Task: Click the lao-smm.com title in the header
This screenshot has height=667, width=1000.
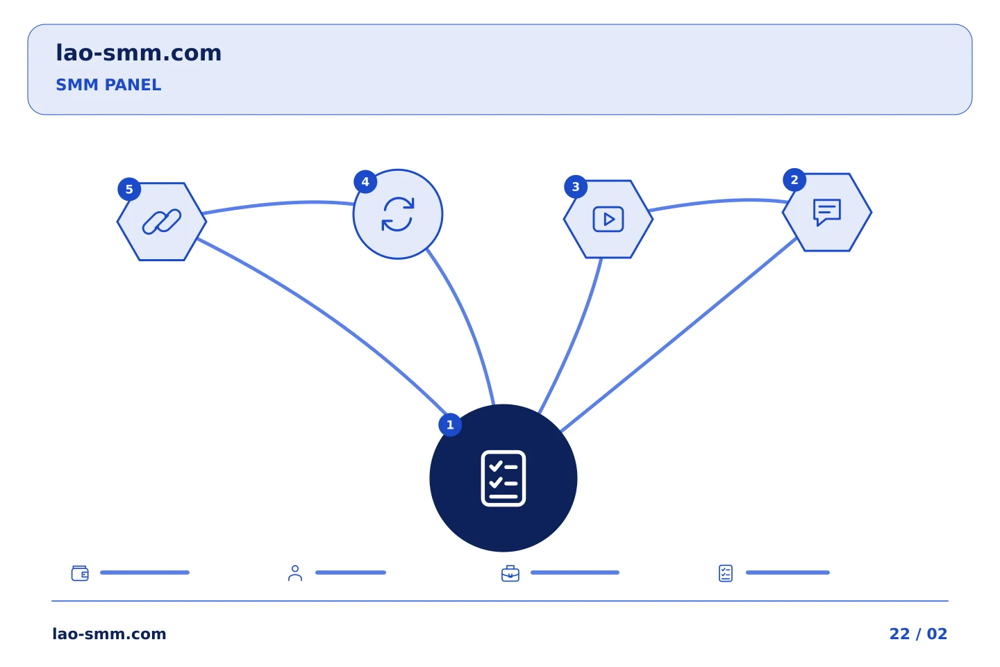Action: (138, 53)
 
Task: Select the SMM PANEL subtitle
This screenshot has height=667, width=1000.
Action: (108, 85)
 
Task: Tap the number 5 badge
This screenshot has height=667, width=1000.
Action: (129, 189)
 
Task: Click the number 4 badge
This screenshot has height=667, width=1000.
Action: (365, 182)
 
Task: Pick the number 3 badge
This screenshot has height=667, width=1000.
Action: (576, 187)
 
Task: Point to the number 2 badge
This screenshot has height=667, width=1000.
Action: (794, 179)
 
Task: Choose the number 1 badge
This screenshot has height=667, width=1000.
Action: (450, 425)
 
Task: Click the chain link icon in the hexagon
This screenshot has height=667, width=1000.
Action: (162, 222)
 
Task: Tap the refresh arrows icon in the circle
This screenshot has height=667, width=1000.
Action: (398, 215)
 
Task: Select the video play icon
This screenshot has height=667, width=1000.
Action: (608, 220)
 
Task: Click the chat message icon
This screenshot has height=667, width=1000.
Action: (827, 212)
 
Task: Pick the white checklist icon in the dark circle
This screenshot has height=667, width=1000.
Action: (503, 479)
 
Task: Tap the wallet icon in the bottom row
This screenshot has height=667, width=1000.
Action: (80, 573)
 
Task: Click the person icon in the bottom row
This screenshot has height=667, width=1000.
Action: (295, 573)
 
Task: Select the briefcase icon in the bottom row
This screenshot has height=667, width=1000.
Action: (510, 573)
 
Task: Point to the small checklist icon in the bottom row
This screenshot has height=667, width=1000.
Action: (726, 573)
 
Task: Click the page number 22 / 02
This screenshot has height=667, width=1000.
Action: (918, 634)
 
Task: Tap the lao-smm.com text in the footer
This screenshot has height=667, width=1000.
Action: (109, 634)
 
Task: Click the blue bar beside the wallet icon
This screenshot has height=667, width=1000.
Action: (144, 573)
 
